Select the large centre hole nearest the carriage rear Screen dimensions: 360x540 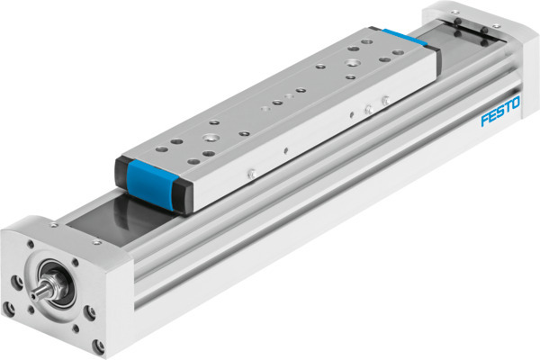[x=350, y=65]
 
